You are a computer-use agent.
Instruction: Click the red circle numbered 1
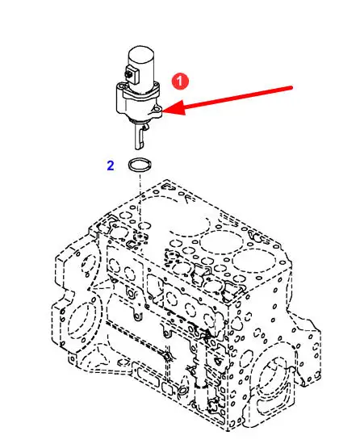[x=180, y=82]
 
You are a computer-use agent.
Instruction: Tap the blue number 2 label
[x=111, y=165]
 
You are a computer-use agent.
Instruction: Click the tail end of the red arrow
[x=291, y=87]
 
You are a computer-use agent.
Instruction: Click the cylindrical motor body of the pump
[x=142, y=67]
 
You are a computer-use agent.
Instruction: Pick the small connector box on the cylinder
[x=131, y=74]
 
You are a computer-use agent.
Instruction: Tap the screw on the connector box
[x=128, y=74]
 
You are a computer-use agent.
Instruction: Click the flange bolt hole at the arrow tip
[x=156, y=109]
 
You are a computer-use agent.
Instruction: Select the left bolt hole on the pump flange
[x=123, y=86]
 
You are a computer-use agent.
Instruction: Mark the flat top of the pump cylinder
[x=141, y=52]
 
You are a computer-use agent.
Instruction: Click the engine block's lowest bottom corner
[x=228, y=430]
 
